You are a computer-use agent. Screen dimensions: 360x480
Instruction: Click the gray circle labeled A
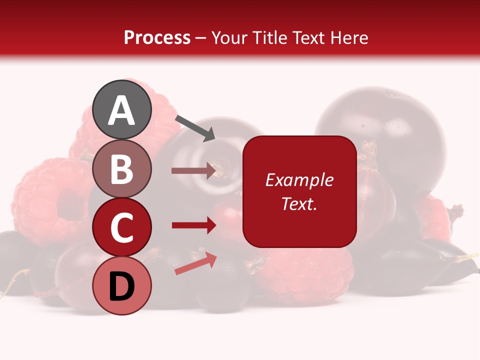coord(121,109)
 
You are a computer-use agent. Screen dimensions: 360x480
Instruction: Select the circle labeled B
coord(121,168)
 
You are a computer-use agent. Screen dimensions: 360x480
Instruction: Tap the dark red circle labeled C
coord(121,227)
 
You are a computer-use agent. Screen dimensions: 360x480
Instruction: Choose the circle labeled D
coord(121,285)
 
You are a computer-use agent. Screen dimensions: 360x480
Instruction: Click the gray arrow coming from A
coord(195,127)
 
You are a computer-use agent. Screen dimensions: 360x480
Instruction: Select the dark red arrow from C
coord(193,225)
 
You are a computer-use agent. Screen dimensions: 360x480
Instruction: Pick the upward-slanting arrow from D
coord(195,263)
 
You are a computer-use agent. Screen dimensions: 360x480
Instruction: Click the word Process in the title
coord(157,38)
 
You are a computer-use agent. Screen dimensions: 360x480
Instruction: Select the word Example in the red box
coord(299,180)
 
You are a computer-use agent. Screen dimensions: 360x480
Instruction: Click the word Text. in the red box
coord(299,203)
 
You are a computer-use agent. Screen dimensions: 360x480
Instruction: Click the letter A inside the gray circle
coord(121,110)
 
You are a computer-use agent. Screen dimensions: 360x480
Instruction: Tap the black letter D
coord(121,286)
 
